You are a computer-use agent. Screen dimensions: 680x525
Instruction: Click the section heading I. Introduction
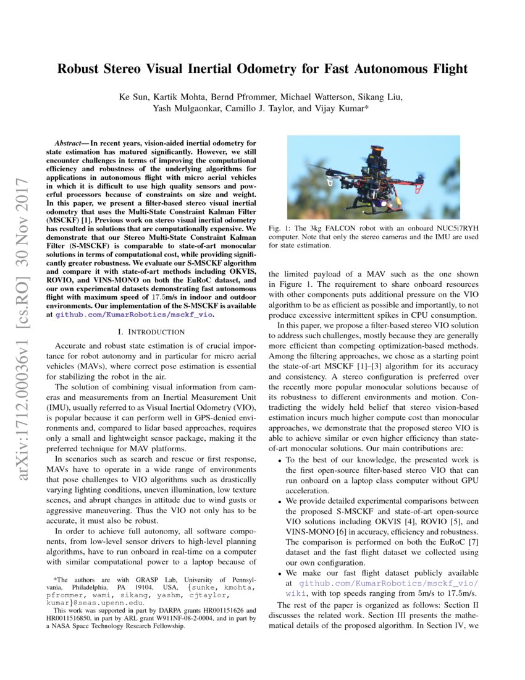tap(152, 331)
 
